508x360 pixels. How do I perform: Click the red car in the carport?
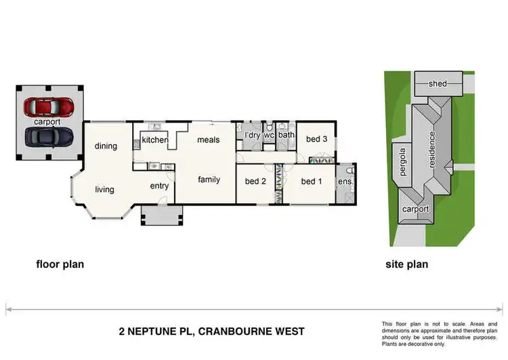[x=49, y=107]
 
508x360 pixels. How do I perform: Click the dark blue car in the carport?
[x=49, y=136]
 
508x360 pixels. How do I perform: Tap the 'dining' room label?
[x=106, y=146]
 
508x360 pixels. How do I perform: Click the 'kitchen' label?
[x=155, y=140]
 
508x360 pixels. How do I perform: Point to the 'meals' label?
[x=208, y=140]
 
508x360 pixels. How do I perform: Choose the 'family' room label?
[x=209, y=180]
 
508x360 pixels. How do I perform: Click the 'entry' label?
[x=159, y=186]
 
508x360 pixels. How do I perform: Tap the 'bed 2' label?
[x=255, y=181]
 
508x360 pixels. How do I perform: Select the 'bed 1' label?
[x=311, y=181]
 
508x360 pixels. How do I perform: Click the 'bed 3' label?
[x=316, y=139]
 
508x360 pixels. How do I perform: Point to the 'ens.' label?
[x=345, y=182]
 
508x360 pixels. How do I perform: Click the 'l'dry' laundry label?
[x=252, y=135]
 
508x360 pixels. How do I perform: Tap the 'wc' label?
[x=269, y=135]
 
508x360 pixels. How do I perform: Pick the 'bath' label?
[x=286, y=135]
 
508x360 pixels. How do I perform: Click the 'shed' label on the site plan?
[x=438, y=83]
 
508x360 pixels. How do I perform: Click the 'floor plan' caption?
[x=60, y=264]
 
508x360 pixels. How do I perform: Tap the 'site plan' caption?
[x=406, y=264]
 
